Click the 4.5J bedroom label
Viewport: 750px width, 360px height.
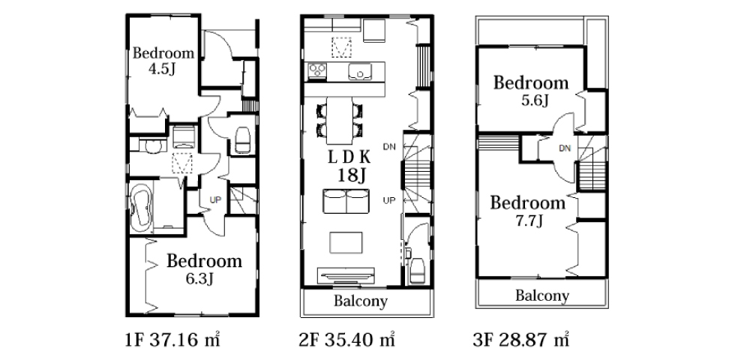pyautogui.click(x=163, y=61)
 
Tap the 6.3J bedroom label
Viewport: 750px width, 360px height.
pyautogui.click(x=204, y=269)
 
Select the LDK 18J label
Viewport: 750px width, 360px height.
pyautogui.click(x=349, y=166)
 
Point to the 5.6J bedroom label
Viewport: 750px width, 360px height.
pyautogui.click(x=531, y=90)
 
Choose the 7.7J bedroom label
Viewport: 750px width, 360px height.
pyautogui.click(x=527, y=211)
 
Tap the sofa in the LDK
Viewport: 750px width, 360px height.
pyautogui.click(x=346, y=201)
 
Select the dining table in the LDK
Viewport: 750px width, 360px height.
pyautogui.click(x=340, y=121)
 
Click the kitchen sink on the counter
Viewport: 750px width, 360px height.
pyautogui.click(x=360, y=72)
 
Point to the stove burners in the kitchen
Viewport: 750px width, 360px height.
pyautogui.click(x=317, y=70)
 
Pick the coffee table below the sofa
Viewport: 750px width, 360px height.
pyautogui.click(x=346, y=242)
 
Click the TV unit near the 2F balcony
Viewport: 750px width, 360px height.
pyautogui.click(x=346, y=275)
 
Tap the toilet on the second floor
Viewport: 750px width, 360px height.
pyautogui.click(x=418, y=270)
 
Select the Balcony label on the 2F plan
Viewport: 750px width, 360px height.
pyautogui.click(x=361, y=301)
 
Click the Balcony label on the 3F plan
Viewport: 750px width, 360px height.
pyautogui.click(x=542, y=295)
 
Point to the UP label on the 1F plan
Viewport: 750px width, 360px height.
pyautogui.click(x=216, y=199)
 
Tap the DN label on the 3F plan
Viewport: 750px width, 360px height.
pyautogui.click(x=565, y=148)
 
